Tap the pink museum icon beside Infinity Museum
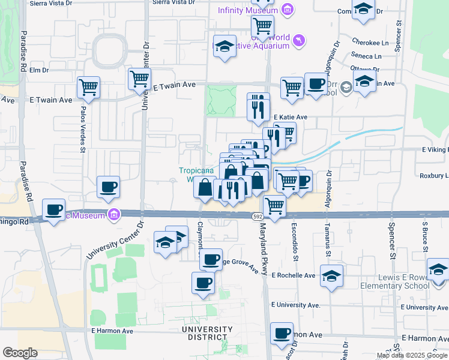pyautogui.click(x=287, y=10)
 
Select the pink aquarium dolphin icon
pyautogui.click(x=298, y=40)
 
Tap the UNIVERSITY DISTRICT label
pyautogui.click(x=208, y=334)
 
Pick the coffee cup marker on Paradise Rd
pyautogui.click(x=55, y=209)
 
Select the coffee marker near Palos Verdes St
pyautogui.click(x=108, y=187)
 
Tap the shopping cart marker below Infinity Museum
pyautogui.click(x=262, y=26)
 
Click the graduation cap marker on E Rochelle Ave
pyautogui.click(x=331, y=275)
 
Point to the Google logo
pyautogui.click(x=20, y=353)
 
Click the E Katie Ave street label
pyautogui.click(x=291, y=117)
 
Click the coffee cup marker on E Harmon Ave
pyautogui.click(x=281, y=333)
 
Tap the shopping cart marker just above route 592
pyautogui.click(x=275, y=206)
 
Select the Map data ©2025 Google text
pyautogui.click(x=412, y=355)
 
